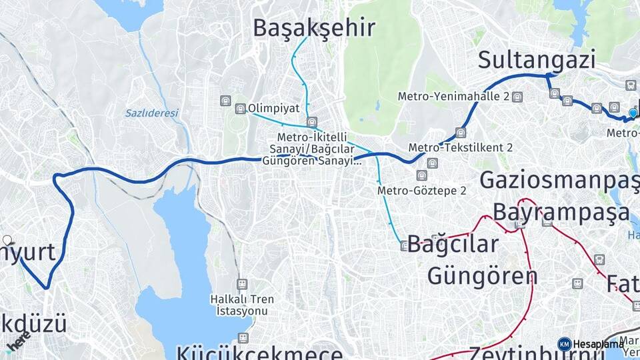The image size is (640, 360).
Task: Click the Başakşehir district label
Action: tap(314, 28)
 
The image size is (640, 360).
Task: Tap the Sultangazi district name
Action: tap(537, 60)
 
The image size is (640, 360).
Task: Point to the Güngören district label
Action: tap(482, 275)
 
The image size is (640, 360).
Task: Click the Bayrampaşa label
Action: tap(561, 212)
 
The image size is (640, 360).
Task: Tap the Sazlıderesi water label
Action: tap(151, 113)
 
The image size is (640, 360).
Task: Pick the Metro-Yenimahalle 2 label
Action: tap(453, 97)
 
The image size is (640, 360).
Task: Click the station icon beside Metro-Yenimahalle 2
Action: tap(517, 97)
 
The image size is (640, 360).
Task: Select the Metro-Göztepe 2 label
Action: tap(421, 191)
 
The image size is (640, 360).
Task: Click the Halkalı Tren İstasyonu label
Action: tap(241, 305)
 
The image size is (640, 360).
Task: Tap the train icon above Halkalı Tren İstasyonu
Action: tap(241, 284)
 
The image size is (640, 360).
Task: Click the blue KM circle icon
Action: tap(564, 344)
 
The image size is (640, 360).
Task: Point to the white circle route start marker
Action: tap(7, 240)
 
